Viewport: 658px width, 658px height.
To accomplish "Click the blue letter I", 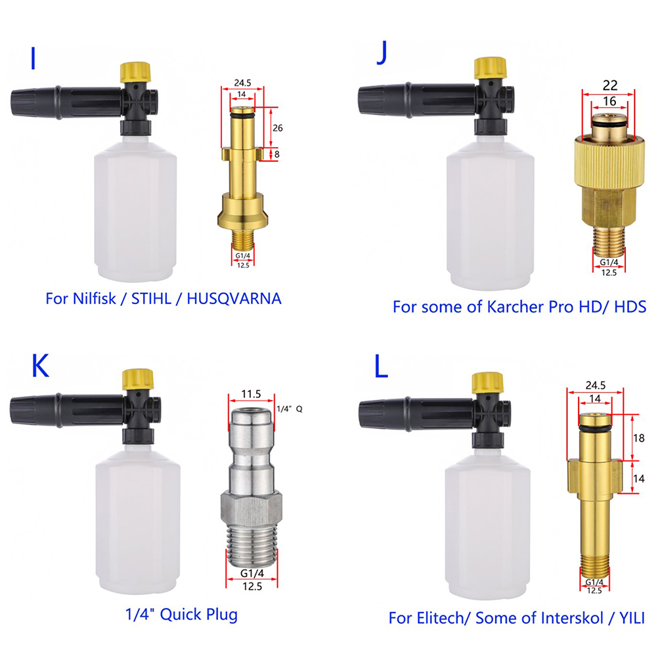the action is click(33, 58).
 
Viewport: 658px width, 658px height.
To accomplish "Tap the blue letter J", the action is click(382, 53).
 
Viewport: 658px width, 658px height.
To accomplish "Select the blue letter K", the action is click(40, 366).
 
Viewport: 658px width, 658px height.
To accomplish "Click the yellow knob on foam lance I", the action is click(135, 72).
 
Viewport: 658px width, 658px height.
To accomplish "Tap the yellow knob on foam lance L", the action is click(488, 382).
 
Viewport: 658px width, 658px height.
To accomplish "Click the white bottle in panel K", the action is click(138, 519).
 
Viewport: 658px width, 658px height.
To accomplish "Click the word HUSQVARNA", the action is click(234, 298).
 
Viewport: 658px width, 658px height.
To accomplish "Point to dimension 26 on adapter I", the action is click(277, 127).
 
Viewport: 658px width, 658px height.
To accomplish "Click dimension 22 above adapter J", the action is click(610, 85).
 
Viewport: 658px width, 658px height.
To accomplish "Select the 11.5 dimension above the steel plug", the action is click(251, 394).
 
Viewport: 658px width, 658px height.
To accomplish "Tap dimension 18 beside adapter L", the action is click(639, 438).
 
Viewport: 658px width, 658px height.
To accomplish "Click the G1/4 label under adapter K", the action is click(252, 573).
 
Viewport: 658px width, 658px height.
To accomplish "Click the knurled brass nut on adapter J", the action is click(609, 162).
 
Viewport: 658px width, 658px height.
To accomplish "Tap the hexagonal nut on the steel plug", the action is click(252, 510).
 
